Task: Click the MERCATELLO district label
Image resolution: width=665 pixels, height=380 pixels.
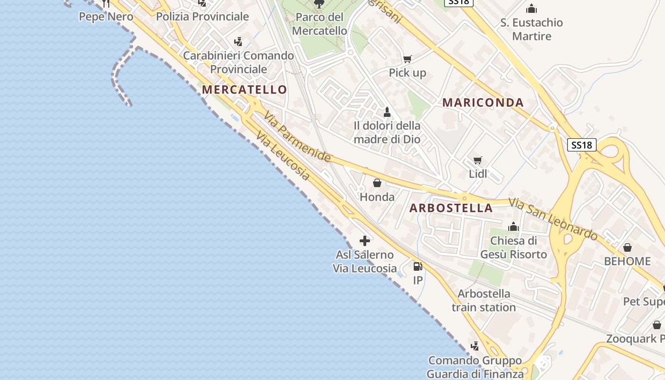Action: [244, 90]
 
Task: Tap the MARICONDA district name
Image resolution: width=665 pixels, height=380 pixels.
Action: [483, 103]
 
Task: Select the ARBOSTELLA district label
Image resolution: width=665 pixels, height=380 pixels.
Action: [451, 208]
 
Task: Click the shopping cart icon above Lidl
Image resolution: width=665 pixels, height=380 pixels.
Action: [478, 161]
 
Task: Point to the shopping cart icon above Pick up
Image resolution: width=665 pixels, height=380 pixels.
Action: [407, 59]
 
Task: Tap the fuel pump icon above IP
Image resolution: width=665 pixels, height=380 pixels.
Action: [418, 266]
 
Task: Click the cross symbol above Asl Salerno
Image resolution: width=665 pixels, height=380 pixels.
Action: [365, 241]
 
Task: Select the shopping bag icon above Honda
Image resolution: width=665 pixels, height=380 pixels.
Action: [377, 183]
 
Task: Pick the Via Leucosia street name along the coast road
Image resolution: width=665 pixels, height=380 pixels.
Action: [283, 156]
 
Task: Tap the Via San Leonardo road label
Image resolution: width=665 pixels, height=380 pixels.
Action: [553, 219]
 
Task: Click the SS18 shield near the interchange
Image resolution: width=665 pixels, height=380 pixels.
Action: [582, 145]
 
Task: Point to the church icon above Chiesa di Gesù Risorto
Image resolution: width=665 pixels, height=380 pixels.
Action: [513, 227]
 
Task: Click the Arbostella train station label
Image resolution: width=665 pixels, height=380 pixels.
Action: [484, 301]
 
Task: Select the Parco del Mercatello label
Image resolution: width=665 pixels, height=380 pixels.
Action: [319, 24]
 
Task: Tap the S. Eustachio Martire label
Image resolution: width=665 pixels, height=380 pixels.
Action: [532, 29]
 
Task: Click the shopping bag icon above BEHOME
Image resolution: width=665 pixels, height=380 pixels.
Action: [627, 247]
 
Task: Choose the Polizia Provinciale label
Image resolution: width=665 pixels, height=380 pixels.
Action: [202, 17]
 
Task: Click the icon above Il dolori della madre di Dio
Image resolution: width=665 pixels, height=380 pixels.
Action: [387, 113]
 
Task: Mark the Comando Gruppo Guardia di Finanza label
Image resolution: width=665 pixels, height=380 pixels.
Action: [475, 367]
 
